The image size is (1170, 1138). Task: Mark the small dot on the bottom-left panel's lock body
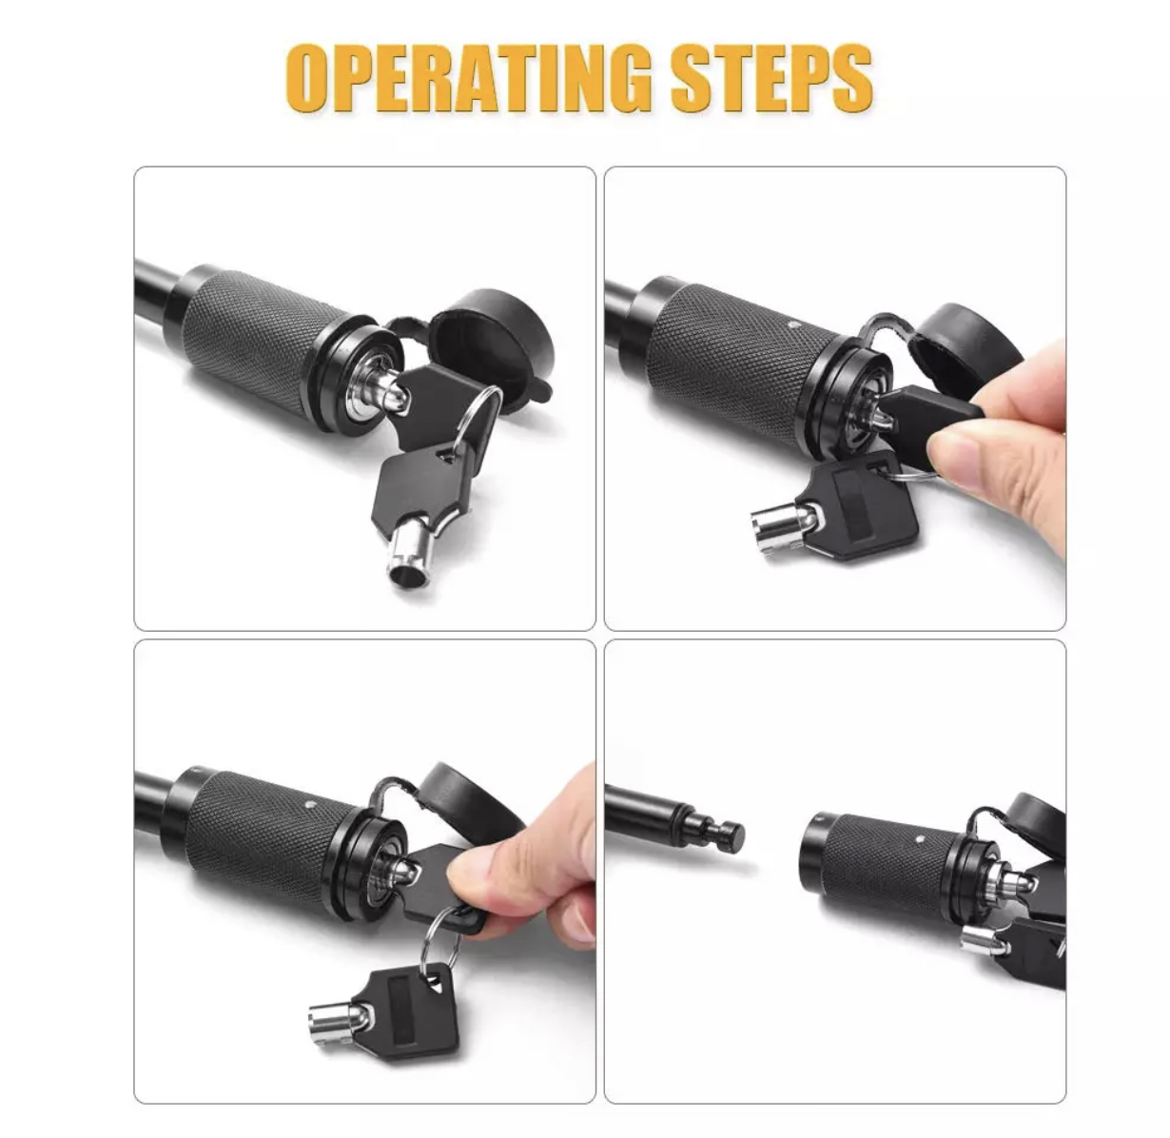point(309,805)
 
